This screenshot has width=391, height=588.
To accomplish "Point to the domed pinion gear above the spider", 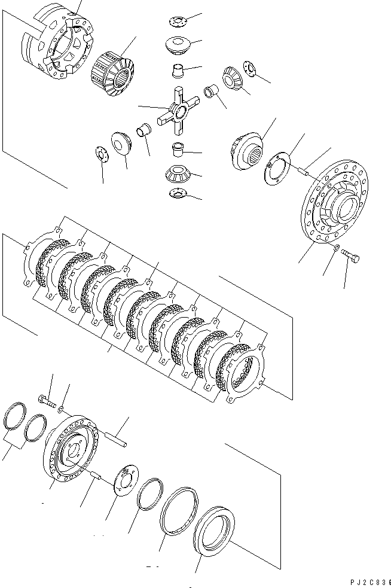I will pos(178,46).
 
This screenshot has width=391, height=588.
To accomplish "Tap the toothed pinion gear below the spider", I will pos(178,173).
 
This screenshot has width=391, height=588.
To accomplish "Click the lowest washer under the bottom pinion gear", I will pos(178,193).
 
